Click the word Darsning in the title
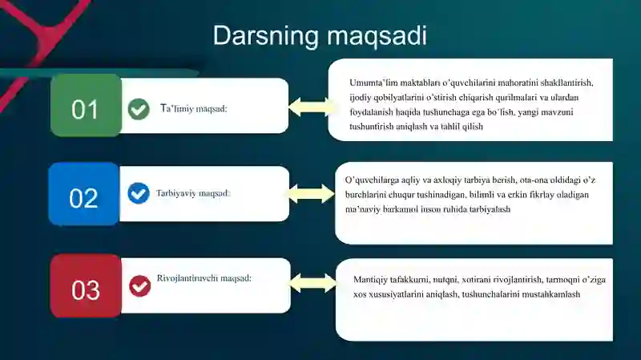pyautogui.click(x=266, y=36)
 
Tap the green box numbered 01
pyautogui.click(x=86, y=105)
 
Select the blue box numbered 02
pyautogui.click(x=84, y=194)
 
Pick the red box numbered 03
pyautogui.click(x=86, y=285)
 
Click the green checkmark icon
pyautogui.click(x=139, y=109)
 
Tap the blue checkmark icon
pyautogui.click(x=139, y=193)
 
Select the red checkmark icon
pyautogui.click(x=139, y=285)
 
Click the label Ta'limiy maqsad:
pyautogui.click(x=193, y=109)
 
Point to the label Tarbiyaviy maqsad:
pyautogui.click(x=193, y=193)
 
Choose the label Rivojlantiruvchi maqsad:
pyautogui.click(x=204, y=278)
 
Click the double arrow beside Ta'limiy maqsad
pyautogui.click(x=312, y=107)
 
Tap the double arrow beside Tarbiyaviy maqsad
pyautogui.click(x=311, y=193)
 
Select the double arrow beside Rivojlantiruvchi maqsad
pyautogui.click(x=312, y=283)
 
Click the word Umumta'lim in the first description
pyautogui.click(x=373, y=83)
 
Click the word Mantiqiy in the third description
pyautogui.click(x=370, y=280)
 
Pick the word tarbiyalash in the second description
pyautogui.click(x=490, y=209)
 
